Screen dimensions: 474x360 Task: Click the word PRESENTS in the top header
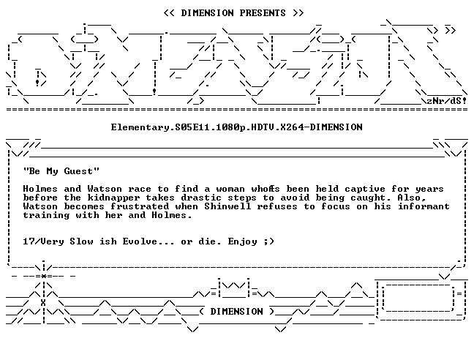pos(263,13)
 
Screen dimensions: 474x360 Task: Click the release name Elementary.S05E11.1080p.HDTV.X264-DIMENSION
pos(237,127)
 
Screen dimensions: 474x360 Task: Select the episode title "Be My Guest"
pos(61,171)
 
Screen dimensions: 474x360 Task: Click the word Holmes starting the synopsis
pos(40,189)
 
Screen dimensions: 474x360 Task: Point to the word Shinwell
pos(227,206)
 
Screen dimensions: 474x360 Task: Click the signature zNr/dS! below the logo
pos(446,101)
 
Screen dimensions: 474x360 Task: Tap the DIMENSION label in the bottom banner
pos(237,312)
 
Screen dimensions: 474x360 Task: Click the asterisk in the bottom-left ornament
pos(44,276)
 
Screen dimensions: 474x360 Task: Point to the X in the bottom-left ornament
pos(43,303)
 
